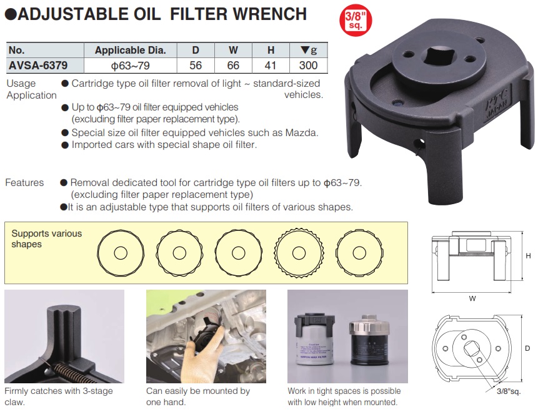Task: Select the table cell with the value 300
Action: [x=308, y=65]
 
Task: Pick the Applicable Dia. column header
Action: [x=130, y=51]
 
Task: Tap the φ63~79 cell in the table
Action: [x=130, y=65]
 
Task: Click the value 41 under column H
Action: [x=271, y=65]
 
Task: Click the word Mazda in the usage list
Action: [x=302, y=132]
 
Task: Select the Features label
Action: [x=24, y=183]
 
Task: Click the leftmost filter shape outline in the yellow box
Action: [x=121, y=253]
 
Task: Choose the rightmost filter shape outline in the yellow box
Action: [x=359, y=253]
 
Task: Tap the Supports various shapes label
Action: [x=46, y=238]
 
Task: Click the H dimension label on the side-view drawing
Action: [x=528, y=256]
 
